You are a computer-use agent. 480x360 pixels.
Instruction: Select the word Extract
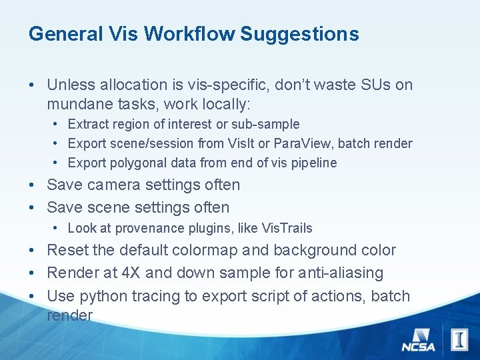(x=89, y=125)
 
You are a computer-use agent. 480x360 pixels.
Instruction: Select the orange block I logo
(x=459, y=339)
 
